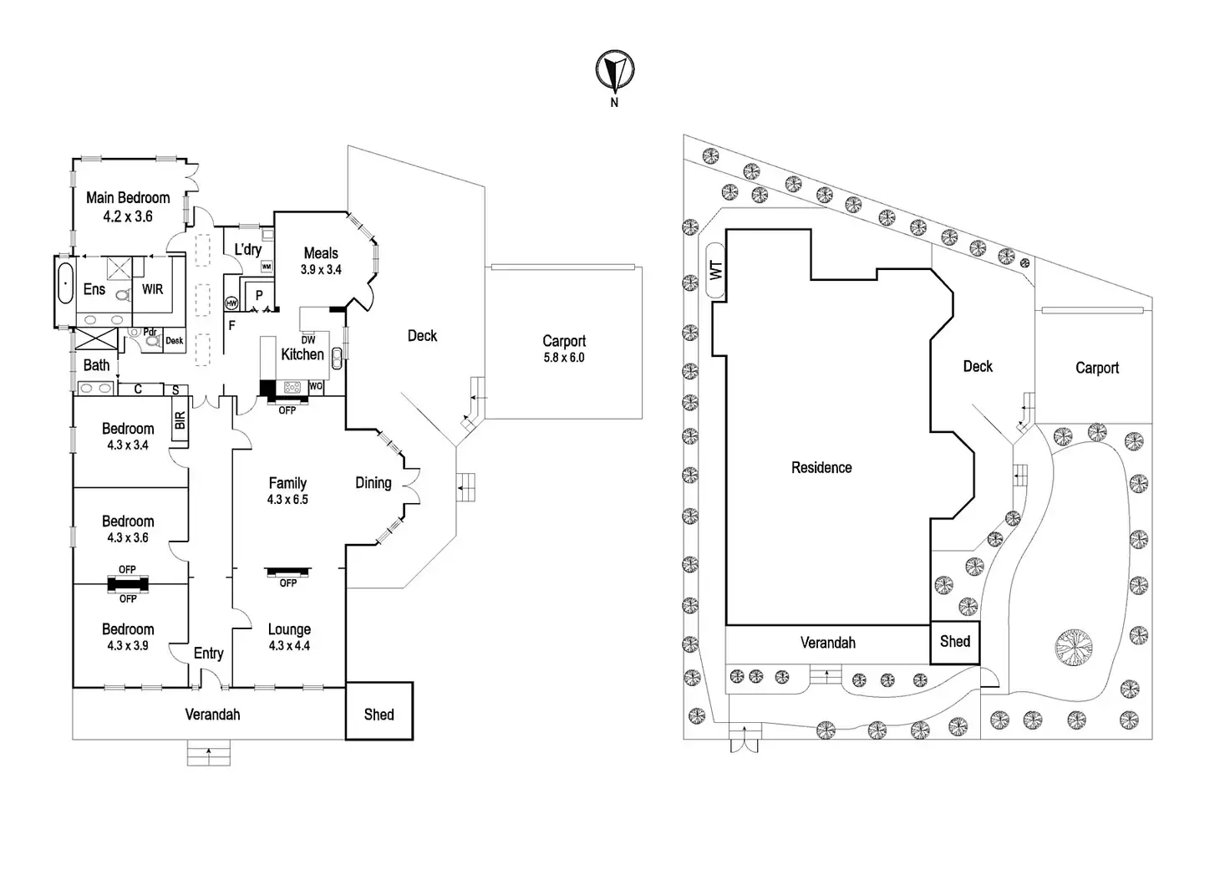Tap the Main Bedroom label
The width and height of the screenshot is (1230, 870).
[x=128, y=198]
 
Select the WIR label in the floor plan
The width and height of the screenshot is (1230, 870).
[x=152, y=289]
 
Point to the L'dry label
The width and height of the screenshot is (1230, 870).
[x=247, y=249]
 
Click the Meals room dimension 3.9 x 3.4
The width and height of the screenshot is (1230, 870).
[x=321, y=270]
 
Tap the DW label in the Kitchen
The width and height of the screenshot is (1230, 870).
[x=308, y=340]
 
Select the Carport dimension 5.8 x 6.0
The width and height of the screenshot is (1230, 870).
[x=564, y=358]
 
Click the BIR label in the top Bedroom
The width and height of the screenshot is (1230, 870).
[x=180, y=420]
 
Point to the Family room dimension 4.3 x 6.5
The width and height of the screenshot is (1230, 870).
[x=287, y=500]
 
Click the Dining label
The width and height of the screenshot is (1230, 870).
[x=373, y=482]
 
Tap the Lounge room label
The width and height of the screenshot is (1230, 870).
[x=289, y=629]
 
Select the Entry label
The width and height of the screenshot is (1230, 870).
[x=208, y=654]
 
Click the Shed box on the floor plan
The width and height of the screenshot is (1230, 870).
[x=379, y=711]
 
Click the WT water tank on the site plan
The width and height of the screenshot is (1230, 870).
[x=715, y=270]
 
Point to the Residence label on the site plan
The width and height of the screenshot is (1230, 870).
[x=821, y=468]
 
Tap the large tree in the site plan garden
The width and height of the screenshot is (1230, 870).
[x=1074, y=647]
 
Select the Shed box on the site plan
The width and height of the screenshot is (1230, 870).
[x=955, y=642]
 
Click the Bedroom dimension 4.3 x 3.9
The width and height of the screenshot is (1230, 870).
[x=128, y=646]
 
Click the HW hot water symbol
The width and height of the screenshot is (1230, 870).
[x=231, y=303]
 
